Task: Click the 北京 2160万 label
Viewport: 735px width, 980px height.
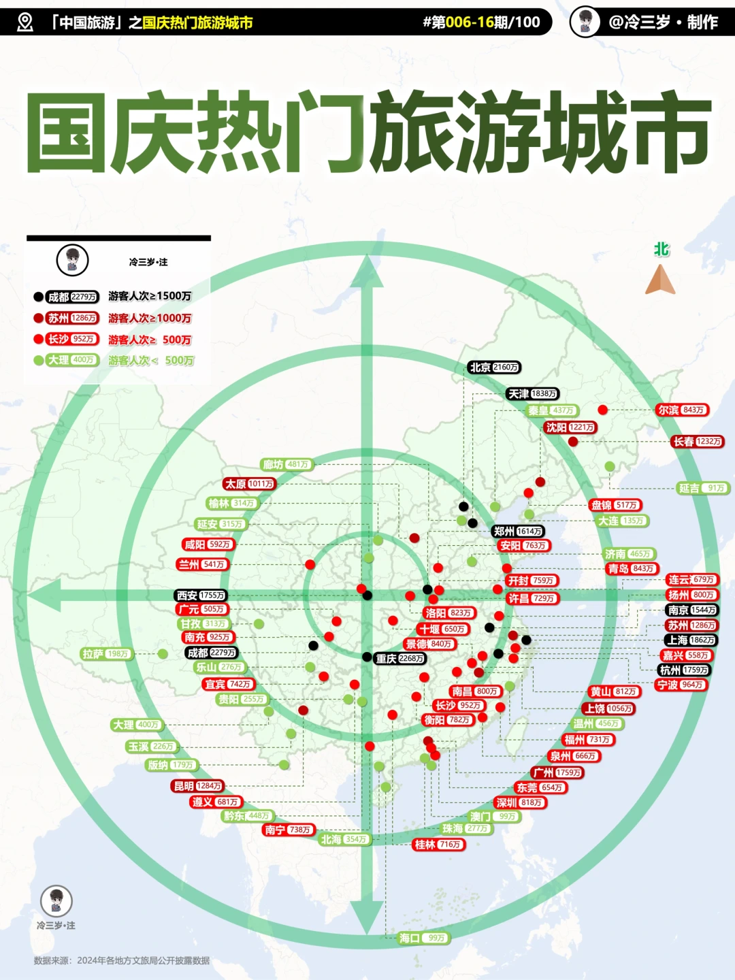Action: pos(495,367)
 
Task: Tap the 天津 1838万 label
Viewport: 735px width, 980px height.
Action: pos(533,394)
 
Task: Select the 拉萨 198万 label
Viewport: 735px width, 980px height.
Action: pos(107,654)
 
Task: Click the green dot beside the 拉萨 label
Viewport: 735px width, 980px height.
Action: pos(163,654)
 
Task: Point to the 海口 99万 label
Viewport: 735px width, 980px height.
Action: pos(423,938)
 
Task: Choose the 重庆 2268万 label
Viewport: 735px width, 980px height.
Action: pos(400,659)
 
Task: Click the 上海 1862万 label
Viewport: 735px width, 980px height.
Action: pos(691,640)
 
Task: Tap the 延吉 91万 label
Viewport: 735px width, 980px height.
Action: pos(703,488)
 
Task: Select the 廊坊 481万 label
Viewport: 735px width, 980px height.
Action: pos(287,465)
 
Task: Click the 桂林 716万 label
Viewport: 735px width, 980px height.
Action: pos(439,845)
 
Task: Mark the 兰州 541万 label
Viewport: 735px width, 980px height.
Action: pos(202,565)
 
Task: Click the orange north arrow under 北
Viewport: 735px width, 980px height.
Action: pos(660,280)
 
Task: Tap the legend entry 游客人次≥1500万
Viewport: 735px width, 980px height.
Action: pos(150,296)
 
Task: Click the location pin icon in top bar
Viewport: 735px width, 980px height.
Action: pos(25,22)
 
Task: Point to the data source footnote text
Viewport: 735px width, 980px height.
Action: pos(122,961)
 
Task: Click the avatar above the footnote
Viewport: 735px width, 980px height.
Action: pos(56,900)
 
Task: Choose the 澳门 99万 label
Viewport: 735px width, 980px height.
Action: pos(495,817)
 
